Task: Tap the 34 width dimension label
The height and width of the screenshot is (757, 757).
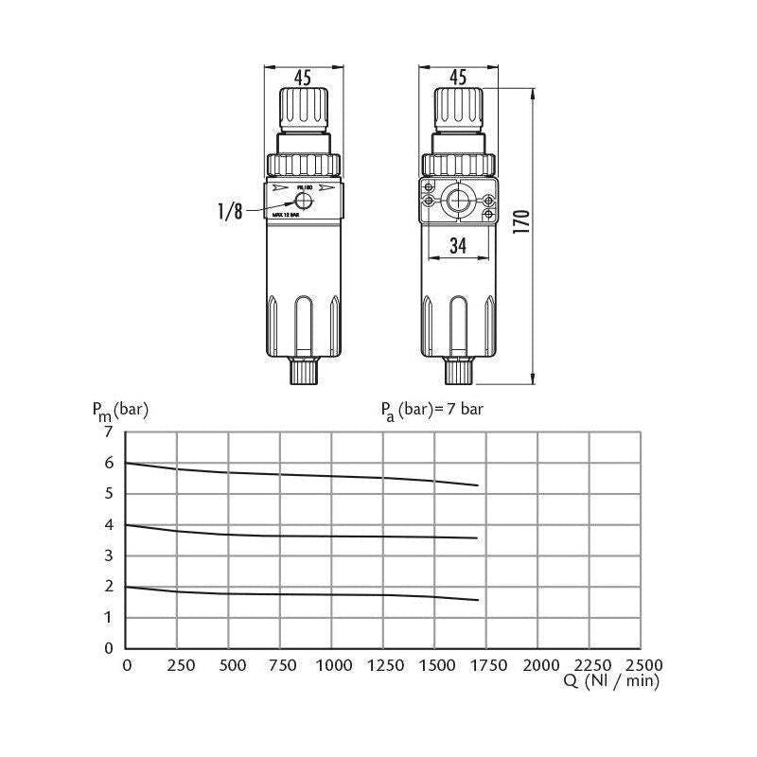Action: [x=458, y=247]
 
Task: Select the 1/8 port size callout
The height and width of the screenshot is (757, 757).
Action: [x=230, y=212]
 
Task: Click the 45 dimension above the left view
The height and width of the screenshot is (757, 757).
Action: [x=303, y=79]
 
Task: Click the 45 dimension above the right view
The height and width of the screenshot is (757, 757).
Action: [x=458, y=79]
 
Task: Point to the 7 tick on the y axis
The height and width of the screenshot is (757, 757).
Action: [x=108, y=432]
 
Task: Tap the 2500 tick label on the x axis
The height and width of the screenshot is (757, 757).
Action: [x=642, y=665]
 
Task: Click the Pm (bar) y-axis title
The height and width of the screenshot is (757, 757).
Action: [x=120, y=411]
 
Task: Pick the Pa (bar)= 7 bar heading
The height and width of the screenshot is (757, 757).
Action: [x=432, y=410]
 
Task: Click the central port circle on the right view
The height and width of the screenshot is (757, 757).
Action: [x=459, y=202]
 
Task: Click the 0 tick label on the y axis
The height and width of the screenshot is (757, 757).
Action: [x=108, y=648]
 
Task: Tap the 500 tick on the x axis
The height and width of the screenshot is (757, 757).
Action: [x=229, y=665]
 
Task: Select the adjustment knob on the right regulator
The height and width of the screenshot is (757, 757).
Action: [x=459, y=112]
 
